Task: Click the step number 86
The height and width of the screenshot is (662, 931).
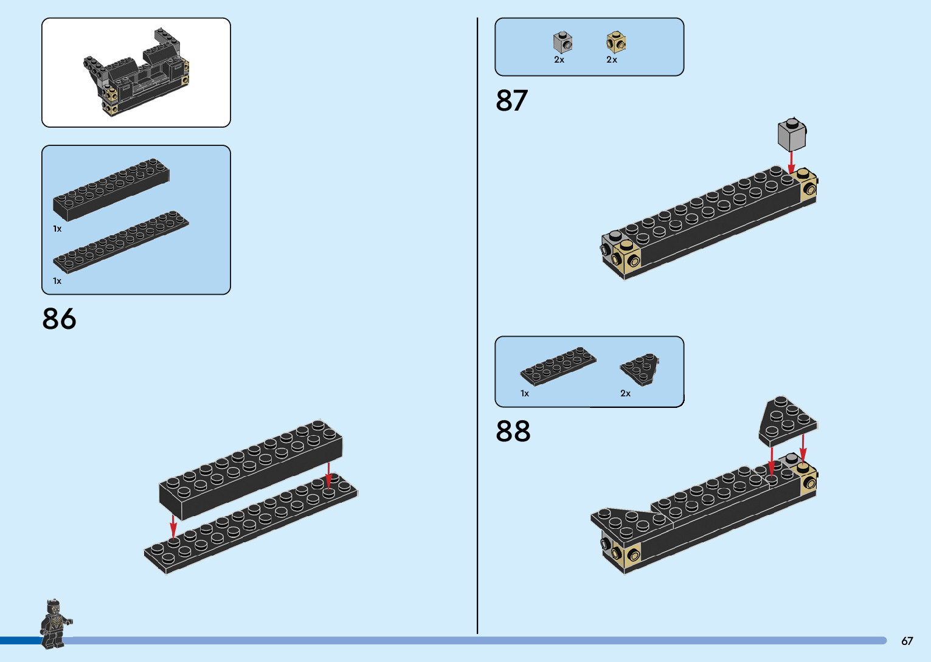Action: click(x=59, y=319)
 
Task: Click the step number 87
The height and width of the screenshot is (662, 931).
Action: click(x=511, y=101)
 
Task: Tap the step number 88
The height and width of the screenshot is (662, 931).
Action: click(x=513, y=432)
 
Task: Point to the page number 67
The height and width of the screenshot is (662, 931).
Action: click(x=907, y=641)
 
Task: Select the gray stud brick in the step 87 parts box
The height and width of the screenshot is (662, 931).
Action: click(x=562, y=43)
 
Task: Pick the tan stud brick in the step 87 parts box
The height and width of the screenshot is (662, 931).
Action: click(x=615, y=43)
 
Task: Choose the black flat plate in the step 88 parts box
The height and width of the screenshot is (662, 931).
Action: click(x=559, y=366)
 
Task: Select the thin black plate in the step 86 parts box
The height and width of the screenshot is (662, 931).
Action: click(x=120, y=243)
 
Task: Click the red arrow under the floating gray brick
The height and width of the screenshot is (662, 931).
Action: click(x=791, y=162)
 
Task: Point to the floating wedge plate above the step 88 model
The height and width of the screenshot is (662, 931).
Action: click(x=787, y=420)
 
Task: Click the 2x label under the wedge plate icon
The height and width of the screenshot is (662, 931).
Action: click(x=625, y=393)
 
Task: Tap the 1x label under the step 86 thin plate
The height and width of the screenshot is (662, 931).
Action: click(x=57, y=281)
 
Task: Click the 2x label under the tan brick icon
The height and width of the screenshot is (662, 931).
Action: click(x=612, y=60)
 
